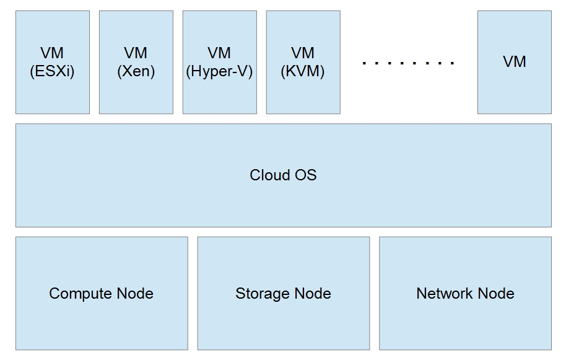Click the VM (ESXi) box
click(x=53, y=62)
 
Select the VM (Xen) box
click(x=136, y=62)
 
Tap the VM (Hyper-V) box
click(x=220, y=62)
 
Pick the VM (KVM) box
click(x=303, y=62)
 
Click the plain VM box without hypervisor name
click(x=514, y=62)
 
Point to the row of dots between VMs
click(x=409, y=63)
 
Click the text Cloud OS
click(x=283, y=175)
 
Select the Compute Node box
click(x=102, y=293)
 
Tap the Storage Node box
click(x=283, y=293)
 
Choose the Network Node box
click(x=465, y=293)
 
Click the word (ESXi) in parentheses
click(x=52, y=71)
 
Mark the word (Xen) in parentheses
click(x=136, y=71)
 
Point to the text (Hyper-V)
click(x=220, y=71)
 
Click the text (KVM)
click(x=303, y=71)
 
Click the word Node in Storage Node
click(x=313, y=294)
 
